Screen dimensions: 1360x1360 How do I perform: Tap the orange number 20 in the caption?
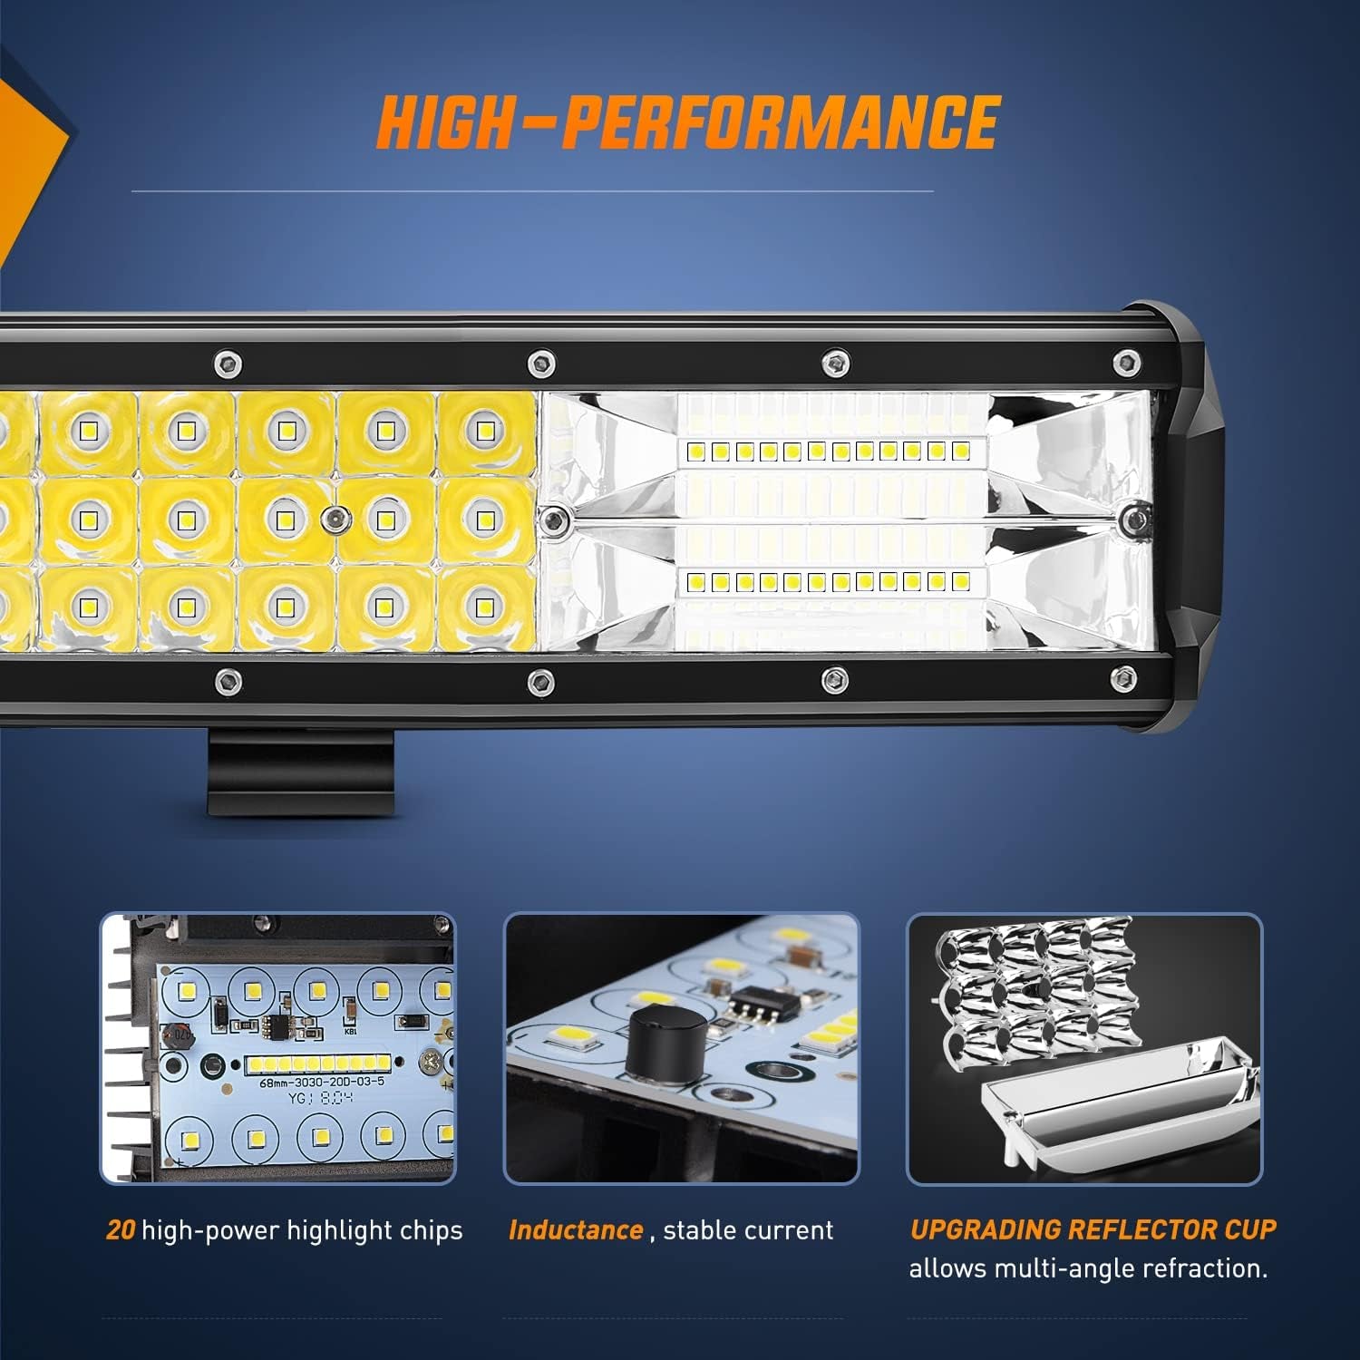(121, 1230)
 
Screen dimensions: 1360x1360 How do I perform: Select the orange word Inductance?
(576, 1230)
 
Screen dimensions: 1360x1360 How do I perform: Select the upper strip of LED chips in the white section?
(832, 451)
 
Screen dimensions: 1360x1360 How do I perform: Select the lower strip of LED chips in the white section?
(832, 580)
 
